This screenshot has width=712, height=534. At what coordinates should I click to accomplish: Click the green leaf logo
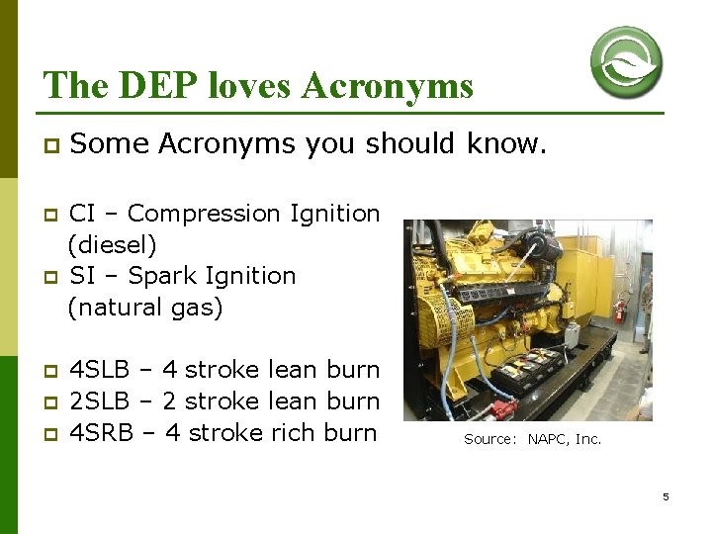(626, 61)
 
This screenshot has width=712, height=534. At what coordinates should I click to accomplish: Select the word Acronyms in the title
(388, 86)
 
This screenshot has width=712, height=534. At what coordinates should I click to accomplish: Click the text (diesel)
(112, 244)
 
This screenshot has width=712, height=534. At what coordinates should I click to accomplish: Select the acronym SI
(82, 276)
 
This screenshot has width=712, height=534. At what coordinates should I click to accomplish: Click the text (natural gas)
(145, 308)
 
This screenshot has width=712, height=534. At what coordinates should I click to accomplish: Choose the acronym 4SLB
(99, 370)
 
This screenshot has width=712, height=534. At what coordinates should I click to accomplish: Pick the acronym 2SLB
(99, 401)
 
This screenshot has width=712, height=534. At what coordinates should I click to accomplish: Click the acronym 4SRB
(100, 433)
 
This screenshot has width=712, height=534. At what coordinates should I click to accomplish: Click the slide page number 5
(666, 496)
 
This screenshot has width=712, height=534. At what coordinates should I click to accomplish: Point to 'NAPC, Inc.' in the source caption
(564, 439)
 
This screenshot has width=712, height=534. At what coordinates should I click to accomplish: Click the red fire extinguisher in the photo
(620, 309)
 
